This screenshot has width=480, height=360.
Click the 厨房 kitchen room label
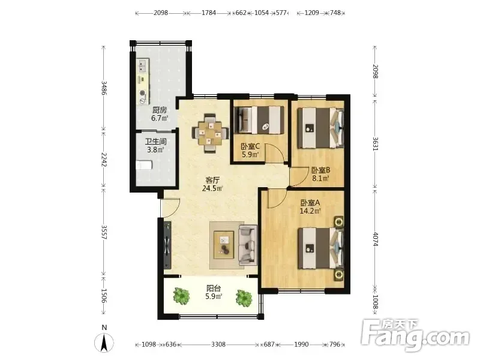(x=160, y=110)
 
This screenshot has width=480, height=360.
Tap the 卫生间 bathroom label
(x=156, y=142)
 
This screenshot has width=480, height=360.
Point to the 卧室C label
(x=250, y=146)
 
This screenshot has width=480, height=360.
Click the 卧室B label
(x=320, y=170)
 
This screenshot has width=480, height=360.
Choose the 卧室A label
(x=310, y=203)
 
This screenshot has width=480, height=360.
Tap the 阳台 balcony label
(x=214, y=288)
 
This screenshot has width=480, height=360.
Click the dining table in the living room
(x=211, y=133)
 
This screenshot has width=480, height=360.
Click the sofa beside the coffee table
(x=247, y=245)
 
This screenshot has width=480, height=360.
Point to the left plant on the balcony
(x=181, y=296)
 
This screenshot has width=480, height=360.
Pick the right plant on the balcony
(x=244, y=298)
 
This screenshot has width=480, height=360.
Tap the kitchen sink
(x=142, y=67)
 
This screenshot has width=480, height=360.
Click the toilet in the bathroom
(x=144, y=165)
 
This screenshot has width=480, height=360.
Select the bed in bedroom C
(x=259, y=119)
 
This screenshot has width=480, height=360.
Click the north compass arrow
(x=104, y=342)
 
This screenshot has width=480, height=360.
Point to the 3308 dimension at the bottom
(x=218, y=344)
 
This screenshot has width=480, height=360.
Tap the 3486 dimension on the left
(x=104, y=88)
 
